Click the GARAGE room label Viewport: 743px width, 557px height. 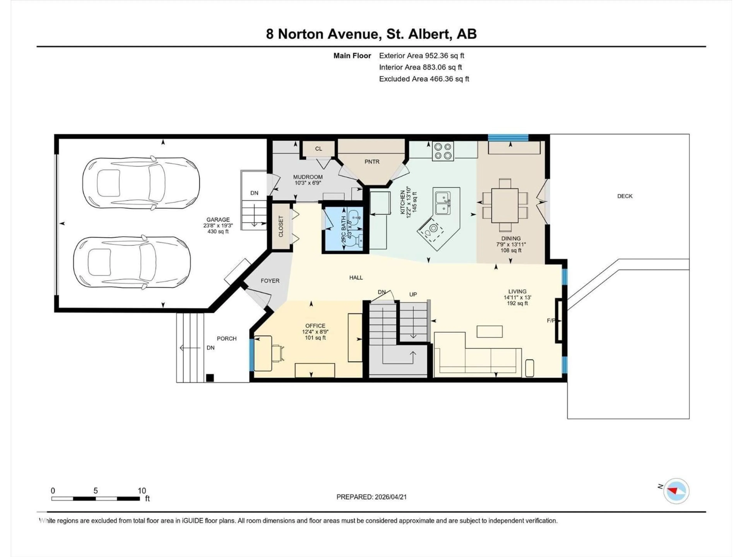tap(218, 220)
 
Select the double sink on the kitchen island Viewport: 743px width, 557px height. tap(443, 203)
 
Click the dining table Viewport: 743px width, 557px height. tap(504, 205)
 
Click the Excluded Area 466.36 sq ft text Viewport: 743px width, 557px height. tap(424, 79)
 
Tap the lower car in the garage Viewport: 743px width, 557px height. tap(132, 263)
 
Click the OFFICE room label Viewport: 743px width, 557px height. tap(315, 326)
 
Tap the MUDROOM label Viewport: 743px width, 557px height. tap(308, 177)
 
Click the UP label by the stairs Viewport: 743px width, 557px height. tap(413, 294)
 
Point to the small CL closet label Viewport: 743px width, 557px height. tap(318, 149)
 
